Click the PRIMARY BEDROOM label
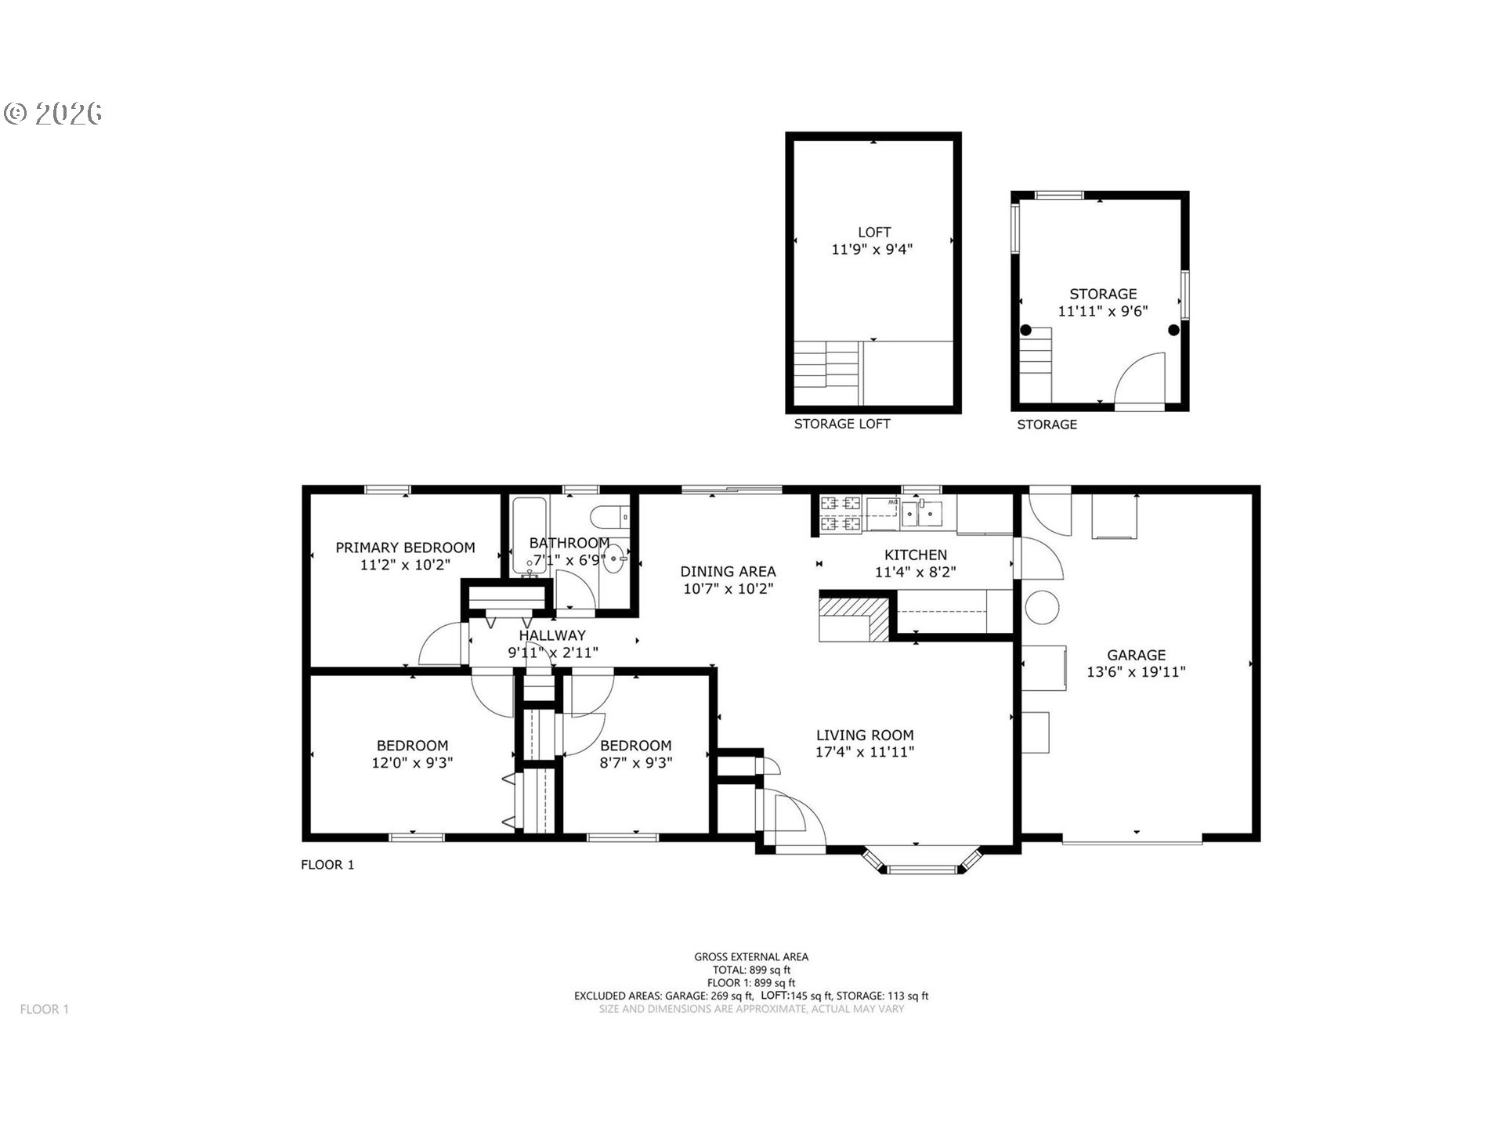click(x=405, y=548)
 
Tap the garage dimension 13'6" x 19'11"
click(x=1136, y=672)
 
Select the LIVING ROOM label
click(x=865, y=735)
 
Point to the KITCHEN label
click(x=916, y=555)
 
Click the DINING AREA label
click(x=728, y=572)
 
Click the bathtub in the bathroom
click(x=530, y=537)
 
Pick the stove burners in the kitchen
click(x=841, y=513)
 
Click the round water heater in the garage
click(x=1042, y=607)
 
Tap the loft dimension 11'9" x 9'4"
click(x=873, y=250)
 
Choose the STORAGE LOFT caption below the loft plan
click(x=842, y=424)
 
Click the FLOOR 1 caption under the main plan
click(x=327, y=865)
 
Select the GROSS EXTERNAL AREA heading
click(x=751, y=956)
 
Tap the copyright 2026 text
click(x=53, y=114)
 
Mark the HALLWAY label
click(x=552, y=635)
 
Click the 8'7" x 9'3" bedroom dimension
click(x=635, y=762)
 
